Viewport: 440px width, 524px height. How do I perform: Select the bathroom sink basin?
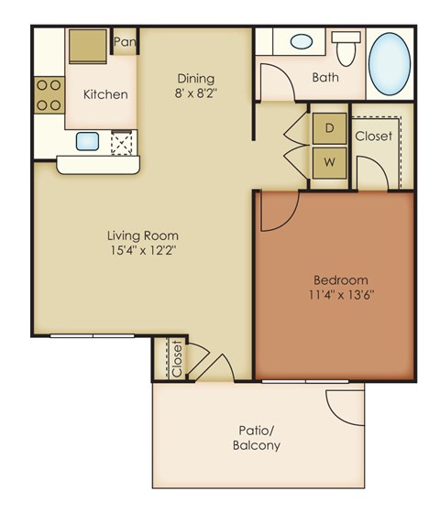point(300,42)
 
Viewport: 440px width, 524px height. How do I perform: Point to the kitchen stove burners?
point(49,93)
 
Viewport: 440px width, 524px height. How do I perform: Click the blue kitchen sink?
point(88,140)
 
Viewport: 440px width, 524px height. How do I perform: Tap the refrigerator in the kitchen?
point(87,46)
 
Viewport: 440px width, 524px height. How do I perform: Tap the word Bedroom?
point(340,279)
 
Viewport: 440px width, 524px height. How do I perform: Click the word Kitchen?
point(105,94)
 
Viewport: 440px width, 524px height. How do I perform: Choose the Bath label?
point(324,77)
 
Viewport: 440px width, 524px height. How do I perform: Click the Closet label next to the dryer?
point(373,136)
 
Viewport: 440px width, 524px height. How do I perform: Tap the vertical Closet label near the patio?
point(177,358)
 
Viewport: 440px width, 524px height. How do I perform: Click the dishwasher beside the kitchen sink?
point(121,142)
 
